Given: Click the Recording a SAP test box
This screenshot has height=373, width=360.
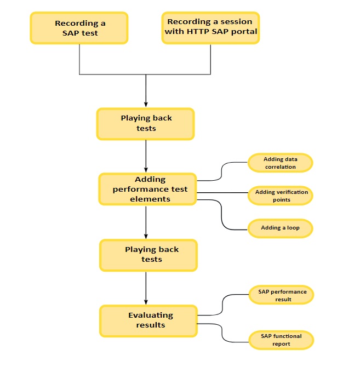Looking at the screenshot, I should click(x=79, y=28).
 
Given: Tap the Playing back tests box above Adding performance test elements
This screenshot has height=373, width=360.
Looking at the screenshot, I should click(x=146, y=123).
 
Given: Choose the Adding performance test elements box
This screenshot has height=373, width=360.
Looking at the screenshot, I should click(x=148, y=189).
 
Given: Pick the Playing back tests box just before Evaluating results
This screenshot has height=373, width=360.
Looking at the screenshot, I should click(x=148, y=255).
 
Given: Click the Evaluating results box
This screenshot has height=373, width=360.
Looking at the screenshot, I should click(x=148, y=320).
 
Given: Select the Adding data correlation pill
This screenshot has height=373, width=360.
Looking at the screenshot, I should click(x=280, y=163).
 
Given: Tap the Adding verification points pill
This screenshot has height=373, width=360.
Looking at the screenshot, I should click(x=281, y=196).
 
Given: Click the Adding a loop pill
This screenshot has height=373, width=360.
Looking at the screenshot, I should click(x=280, y=228).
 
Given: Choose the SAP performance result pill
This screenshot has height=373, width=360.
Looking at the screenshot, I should click(x=282, y=295).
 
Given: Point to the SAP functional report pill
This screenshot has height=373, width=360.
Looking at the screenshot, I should click(x=282, y=340).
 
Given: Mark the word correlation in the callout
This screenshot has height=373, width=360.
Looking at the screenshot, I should click(x=281, y=167).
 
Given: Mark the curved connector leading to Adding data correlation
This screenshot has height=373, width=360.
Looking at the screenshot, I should click(x=222, y=171).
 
